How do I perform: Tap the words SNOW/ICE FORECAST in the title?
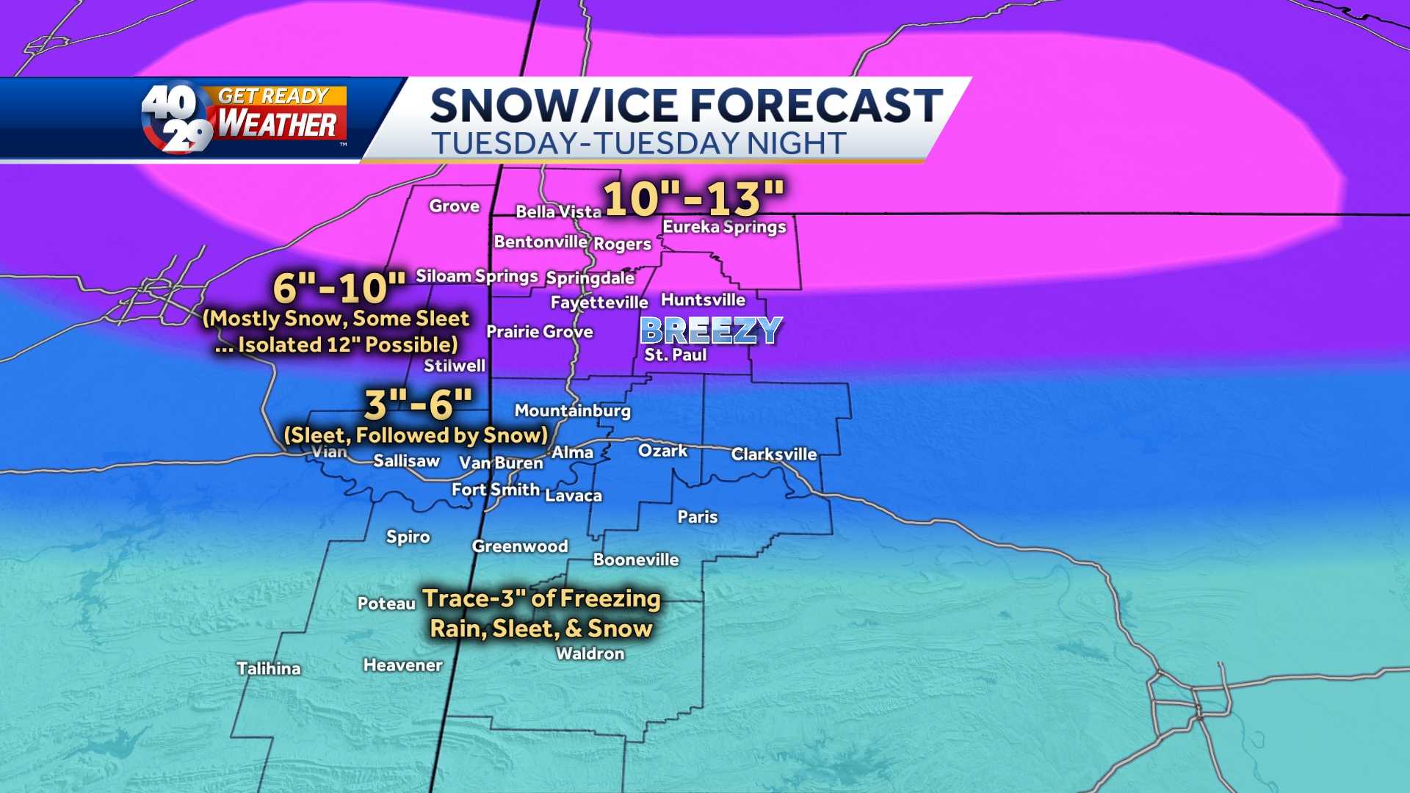click(686, 105)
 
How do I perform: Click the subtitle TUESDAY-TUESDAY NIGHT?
click(638, 143)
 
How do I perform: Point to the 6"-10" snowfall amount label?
click(339, 287)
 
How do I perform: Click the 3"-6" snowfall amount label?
click(419, 404)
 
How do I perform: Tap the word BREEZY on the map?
click(711, 330)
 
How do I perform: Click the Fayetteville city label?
click(599, 303)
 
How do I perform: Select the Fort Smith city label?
click(496, 490)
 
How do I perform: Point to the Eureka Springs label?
click(724, 227)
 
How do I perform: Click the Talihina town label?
click(269, 668)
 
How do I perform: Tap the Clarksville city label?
click(774, 455)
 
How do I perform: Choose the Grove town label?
click(455, 206)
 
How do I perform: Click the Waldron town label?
click(590, 653)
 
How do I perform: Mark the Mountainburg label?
click(573, 410)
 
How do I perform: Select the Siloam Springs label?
click(477, 276)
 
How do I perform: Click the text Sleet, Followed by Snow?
click(416, 435)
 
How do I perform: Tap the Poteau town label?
click(386, 604)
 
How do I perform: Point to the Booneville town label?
click(636, 560)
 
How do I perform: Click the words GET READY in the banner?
click(273, 96)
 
